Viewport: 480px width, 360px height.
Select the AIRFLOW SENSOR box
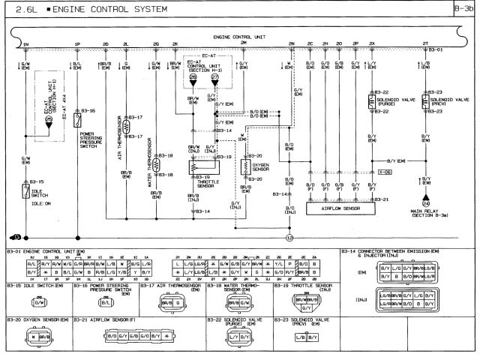pos(340,209)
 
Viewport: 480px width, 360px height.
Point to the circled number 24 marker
pos(426,202)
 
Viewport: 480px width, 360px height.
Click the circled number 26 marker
pos(193,77)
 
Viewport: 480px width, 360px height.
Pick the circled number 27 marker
pos(214,77)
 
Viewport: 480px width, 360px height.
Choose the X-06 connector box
pos(364,172)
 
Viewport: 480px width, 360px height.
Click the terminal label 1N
pos(25,44)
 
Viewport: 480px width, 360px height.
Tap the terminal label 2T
pos(425,44)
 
